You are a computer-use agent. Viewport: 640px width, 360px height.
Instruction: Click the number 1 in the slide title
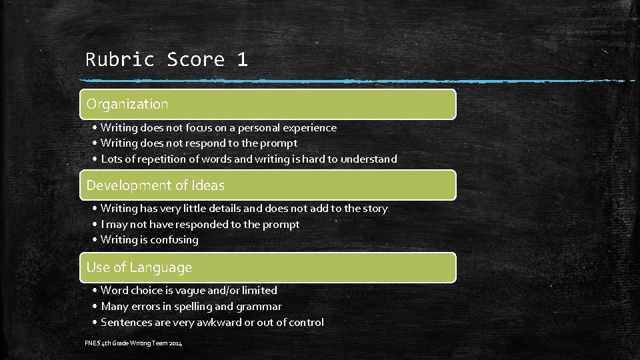pyautogui.click(x=241, y=59)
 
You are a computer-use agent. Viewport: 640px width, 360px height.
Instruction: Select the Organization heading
pyautogui.click(x=127, y=104)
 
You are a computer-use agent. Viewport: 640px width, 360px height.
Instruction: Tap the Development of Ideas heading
pyautogui.click(x=155, y=185)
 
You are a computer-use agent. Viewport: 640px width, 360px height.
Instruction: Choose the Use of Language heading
pyautogui.click(x=139, y=267)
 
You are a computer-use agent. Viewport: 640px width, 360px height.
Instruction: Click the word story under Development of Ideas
pyautogui.click(x=375, y=209)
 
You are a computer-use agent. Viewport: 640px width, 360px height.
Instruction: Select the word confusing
pyautogui.click(x=175, y=240)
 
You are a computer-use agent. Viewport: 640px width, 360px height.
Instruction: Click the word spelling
pyautogui.click(x=193, y=307)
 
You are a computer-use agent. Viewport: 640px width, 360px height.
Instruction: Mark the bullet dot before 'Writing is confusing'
pyautogui.click(x=96, y=240)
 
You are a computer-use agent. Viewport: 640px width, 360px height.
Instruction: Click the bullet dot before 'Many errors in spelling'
pyautogui.click(x=96, y=307)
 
